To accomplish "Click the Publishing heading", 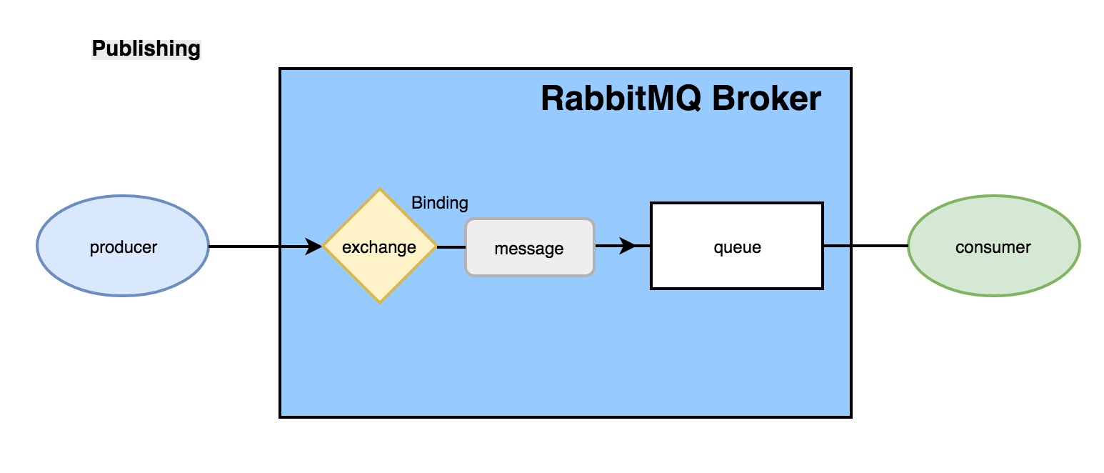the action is [146, 49].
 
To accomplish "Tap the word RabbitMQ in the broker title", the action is [621, 99].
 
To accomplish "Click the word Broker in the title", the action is [767, 99].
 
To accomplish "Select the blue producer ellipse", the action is [123, 246].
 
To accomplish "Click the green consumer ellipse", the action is [994, 246].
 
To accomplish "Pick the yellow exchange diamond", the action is [380, 246].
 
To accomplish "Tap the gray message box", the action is [530, 247].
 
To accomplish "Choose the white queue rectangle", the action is [737, 246].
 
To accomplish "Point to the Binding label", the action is [440, 203].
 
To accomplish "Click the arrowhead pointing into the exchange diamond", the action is [313, 246].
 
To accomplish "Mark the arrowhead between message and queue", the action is [628, 246].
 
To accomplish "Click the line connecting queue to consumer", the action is [866, 246].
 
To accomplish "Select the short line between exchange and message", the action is [451, 247].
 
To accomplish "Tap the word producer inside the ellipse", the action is [124, 248].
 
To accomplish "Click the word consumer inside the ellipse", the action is [993, 247].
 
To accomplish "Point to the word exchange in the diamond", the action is [379, 248].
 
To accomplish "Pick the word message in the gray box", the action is [529, 249].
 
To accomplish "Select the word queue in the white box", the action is [738, 248].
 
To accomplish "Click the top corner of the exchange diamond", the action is [380, 188].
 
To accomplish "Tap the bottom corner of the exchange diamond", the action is [380, 304].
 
